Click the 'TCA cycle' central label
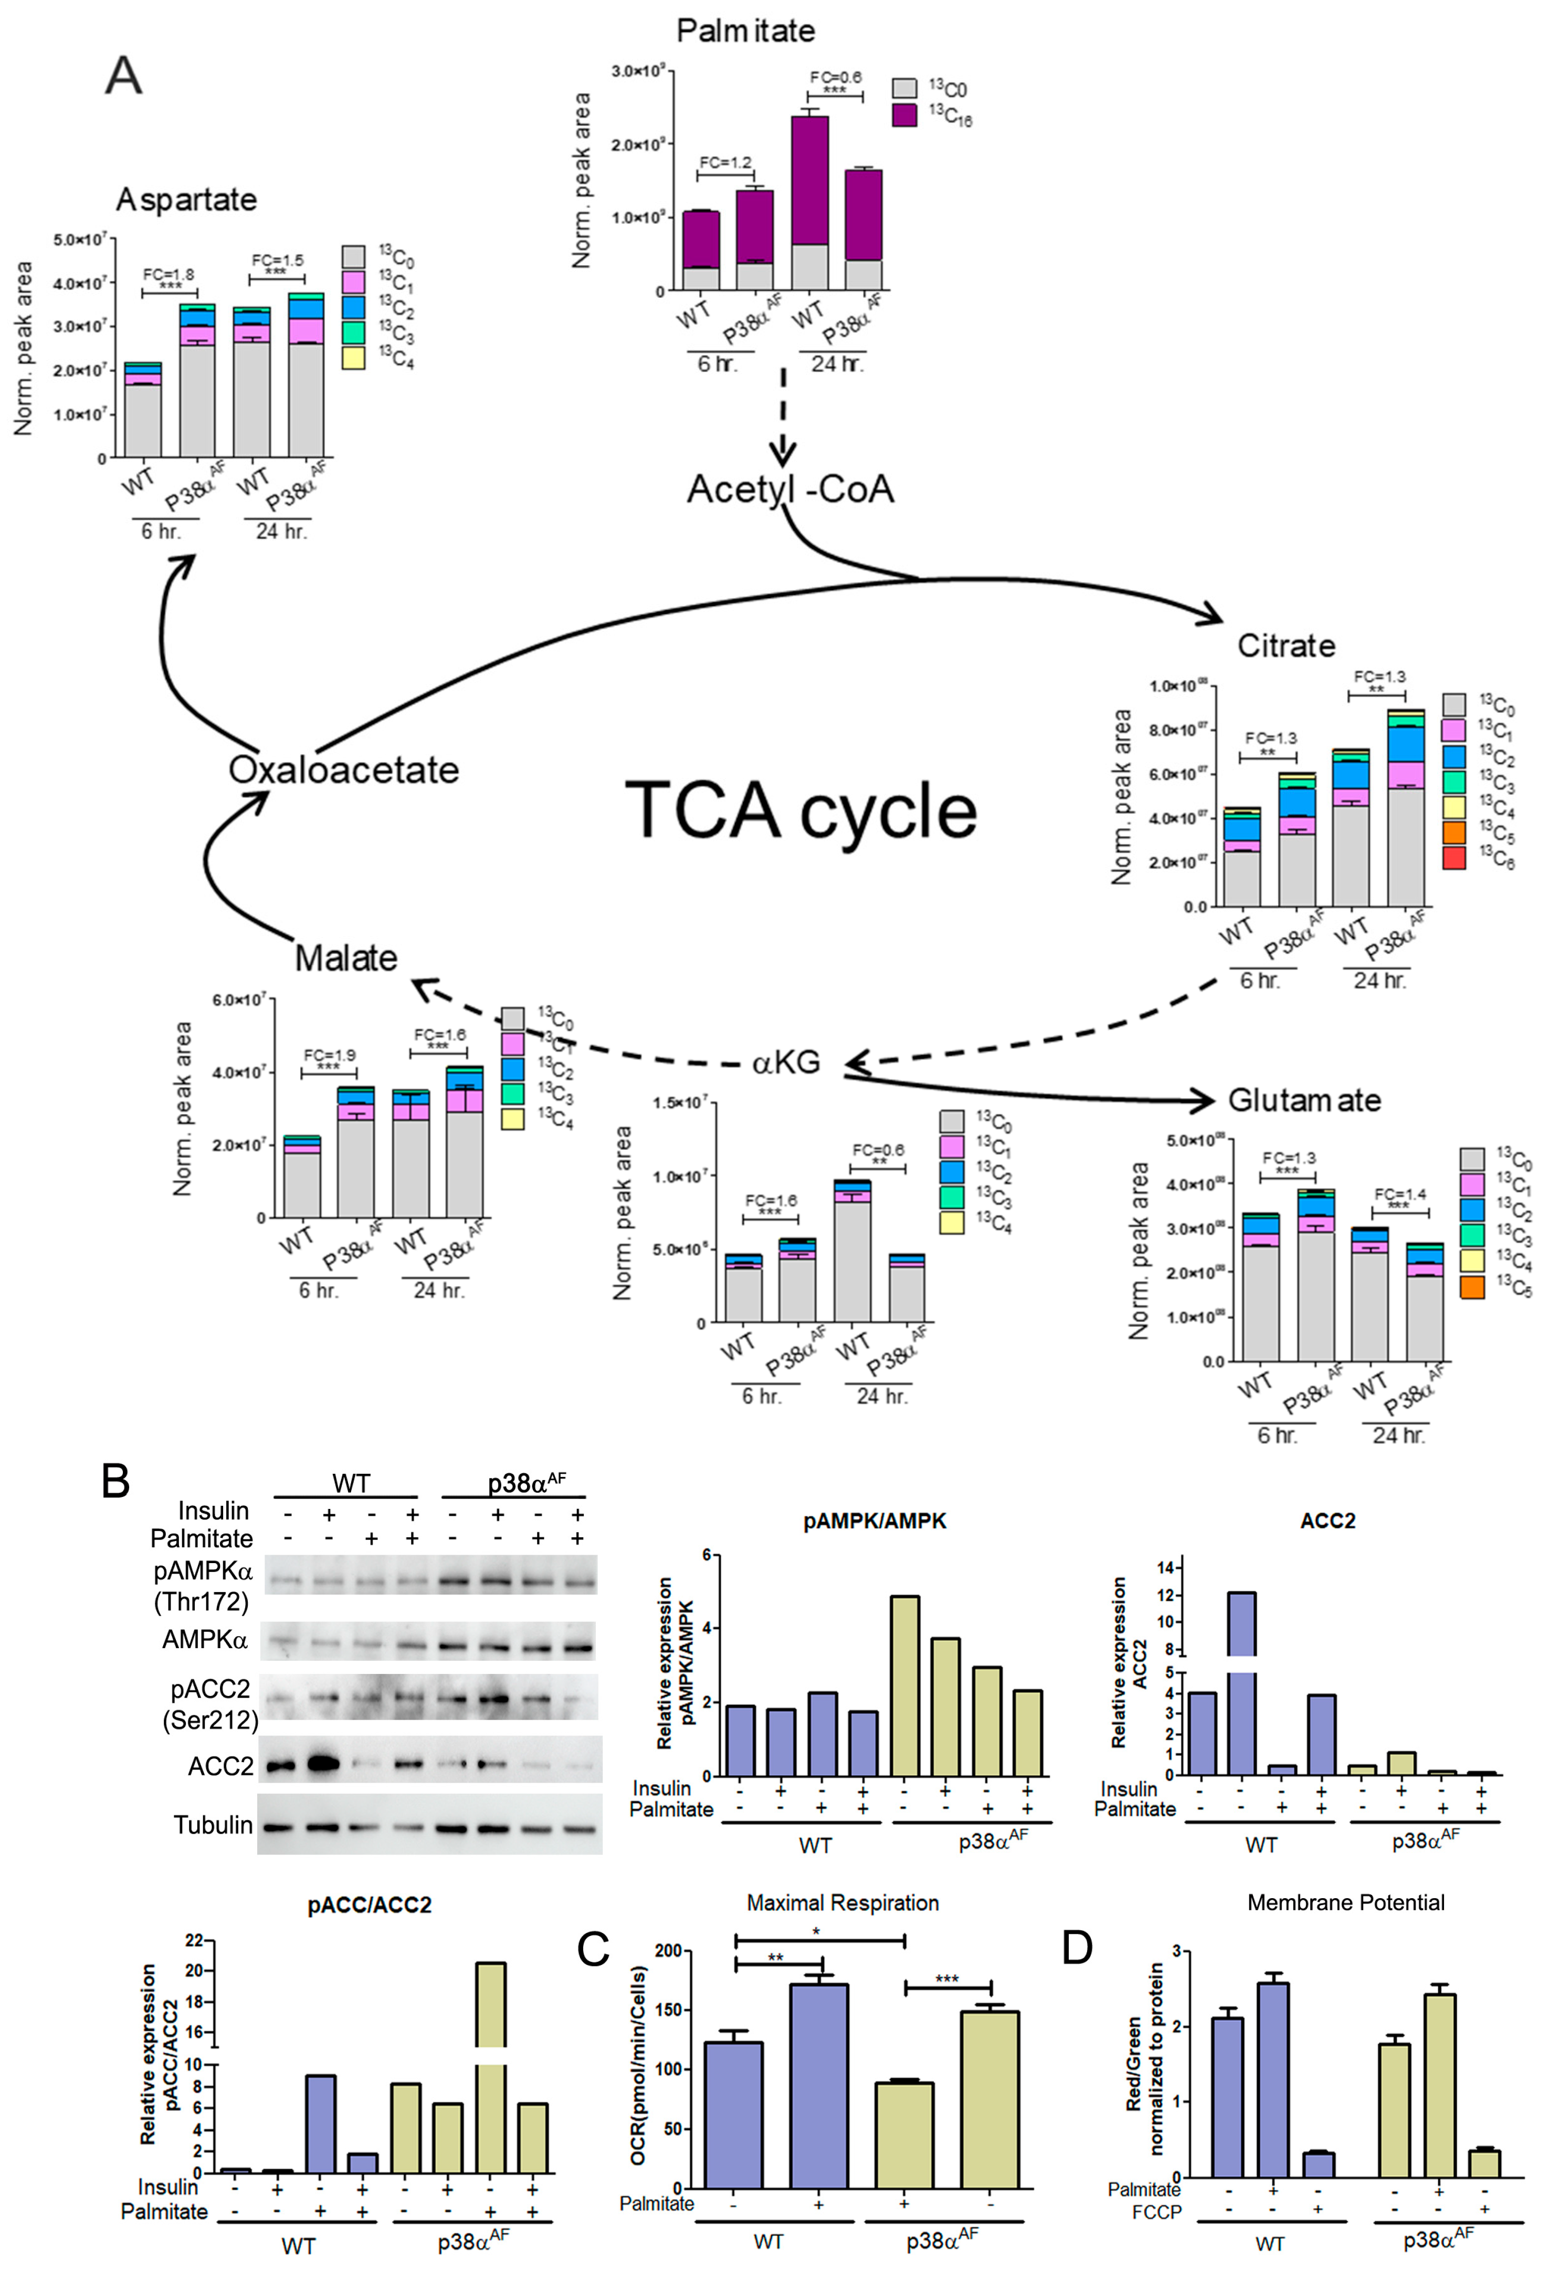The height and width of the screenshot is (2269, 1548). pyautogui.click(x=801, y=810)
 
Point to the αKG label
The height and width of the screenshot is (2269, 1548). pyautogui.click(x=786, y=1062)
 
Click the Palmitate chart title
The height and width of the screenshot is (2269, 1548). pyautogui.click(x=746, y=31)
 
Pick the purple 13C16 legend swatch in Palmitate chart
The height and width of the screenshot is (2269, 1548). pyautogui.click(x=905, y=115)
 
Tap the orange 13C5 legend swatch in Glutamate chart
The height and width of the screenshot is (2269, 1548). pyautogui.click(x=1472, y=1287)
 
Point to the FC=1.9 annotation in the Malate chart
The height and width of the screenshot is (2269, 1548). pyautogui.click(x=329, y=1055)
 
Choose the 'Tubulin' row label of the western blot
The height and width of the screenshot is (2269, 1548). pyautogui.click(x=213, y=1825)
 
